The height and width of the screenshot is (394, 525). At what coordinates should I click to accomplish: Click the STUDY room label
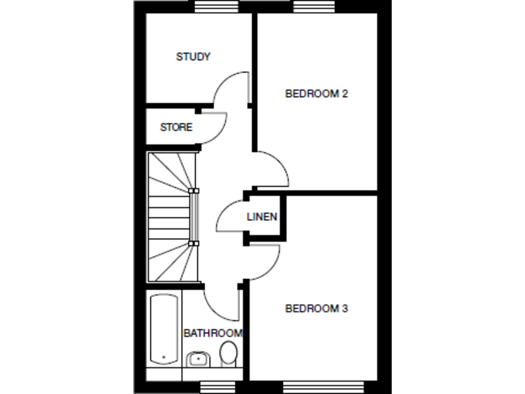pos(193,57)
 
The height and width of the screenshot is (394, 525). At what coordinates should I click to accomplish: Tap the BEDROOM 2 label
pos(316,94)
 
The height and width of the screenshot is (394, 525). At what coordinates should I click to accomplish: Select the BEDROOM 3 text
pos(316,308)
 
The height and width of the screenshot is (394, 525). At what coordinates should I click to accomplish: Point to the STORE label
pos(176,127)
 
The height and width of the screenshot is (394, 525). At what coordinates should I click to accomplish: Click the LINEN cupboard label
pos(262,218)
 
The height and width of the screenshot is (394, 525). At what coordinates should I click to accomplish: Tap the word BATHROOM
pos(213,333)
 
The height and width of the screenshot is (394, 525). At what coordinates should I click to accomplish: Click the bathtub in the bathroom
pos(164,330)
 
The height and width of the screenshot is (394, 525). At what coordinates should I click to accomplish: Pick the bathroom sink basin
pos(198,358)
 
